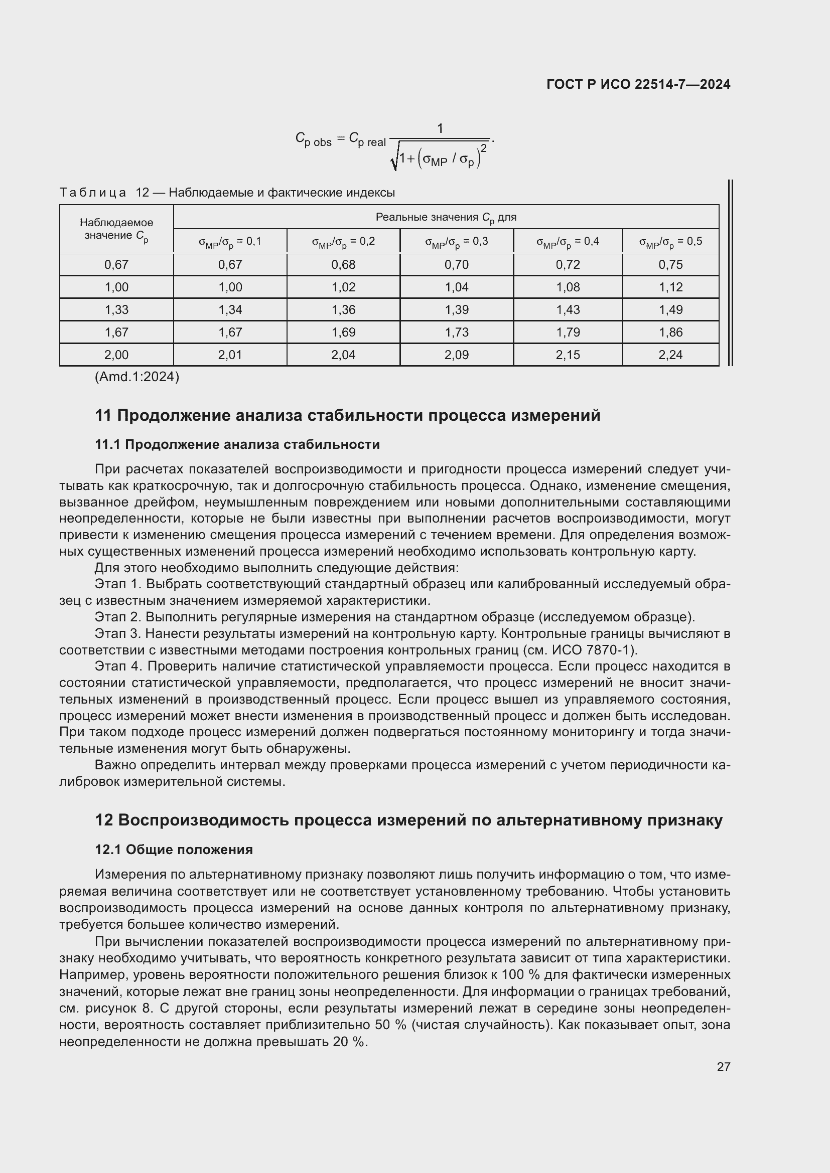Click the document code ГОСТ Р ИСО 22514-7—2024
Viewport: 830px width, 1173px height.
tap(638, 84)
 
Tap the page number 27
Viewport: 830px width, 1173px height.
tap(723, 1067)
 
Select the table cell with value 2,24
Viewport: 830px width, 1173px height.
tap(670, 355)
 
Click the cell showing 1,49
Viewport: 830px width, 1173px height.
tap(670, 309)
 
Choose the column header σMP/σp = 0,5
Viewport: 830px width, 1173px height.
tap(670, 241)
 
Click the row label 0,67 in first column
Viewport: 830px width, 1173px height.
tap(116, 265)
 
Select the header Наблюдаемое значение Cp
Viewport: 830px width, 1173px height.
tap(116, 229)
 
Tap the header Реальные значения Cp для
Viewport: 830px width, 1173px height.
tap(446, 217)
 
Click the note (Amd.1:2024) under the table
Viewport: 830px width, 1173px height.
tap(137, 377)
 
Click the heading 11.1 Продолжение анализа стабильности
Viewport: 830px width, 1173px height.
tap(237, 444)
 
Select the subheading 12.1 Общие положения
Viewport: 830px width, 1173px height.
tap(174, 850)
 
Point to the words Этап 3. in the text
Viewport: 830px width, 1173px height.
tap(117, 633)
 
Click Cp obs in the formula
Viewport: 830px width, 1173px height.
tap(313, 139)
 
